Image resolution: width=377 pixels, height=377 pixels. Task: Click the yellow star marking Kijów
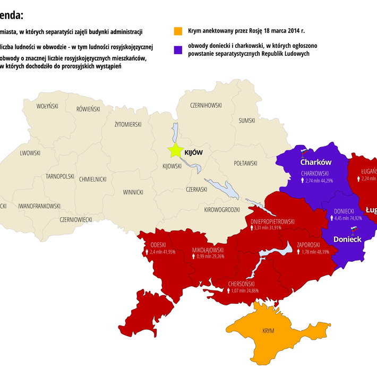[175, 151]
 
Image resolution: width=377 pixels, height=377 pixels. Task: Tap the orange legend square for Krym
[178, 31]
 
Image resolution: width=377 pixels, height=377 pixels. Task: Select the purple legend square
[178, 49]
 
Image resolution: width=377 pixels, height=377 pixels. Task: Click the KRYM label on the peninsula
[268, 331]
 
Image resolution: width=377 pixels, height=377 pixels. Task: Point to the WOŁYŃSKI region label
[47, 106]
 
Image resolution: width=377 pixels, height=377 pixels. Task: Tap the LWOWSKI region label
[30, 153]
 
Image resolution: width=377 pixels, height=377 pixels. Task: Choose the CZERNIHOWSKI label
[205, 105]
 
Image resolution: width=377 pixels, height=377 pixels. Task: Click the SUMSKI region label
[247, 121]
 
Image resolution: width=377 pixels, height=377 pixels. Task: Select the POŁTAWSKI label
[245, 163]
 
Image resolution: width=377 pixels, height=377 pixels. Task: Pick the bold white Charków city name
[316, 162]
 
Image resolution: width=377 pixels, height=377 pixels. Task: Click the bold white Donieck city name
[347, 239]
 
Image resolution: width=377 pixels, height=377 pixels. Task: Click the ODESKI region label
[158, 245]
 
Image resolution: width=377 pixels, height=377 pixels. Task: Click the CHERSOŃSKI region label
[243, 284]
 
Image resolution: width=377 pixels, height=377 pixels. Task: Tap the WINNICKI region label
[133, 192]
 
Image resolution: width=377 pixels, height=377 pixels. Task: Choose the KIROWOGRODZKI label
[222, 210]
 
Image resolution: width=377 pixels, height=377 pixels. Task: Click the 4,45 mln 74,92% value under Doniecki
[348, 218]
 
